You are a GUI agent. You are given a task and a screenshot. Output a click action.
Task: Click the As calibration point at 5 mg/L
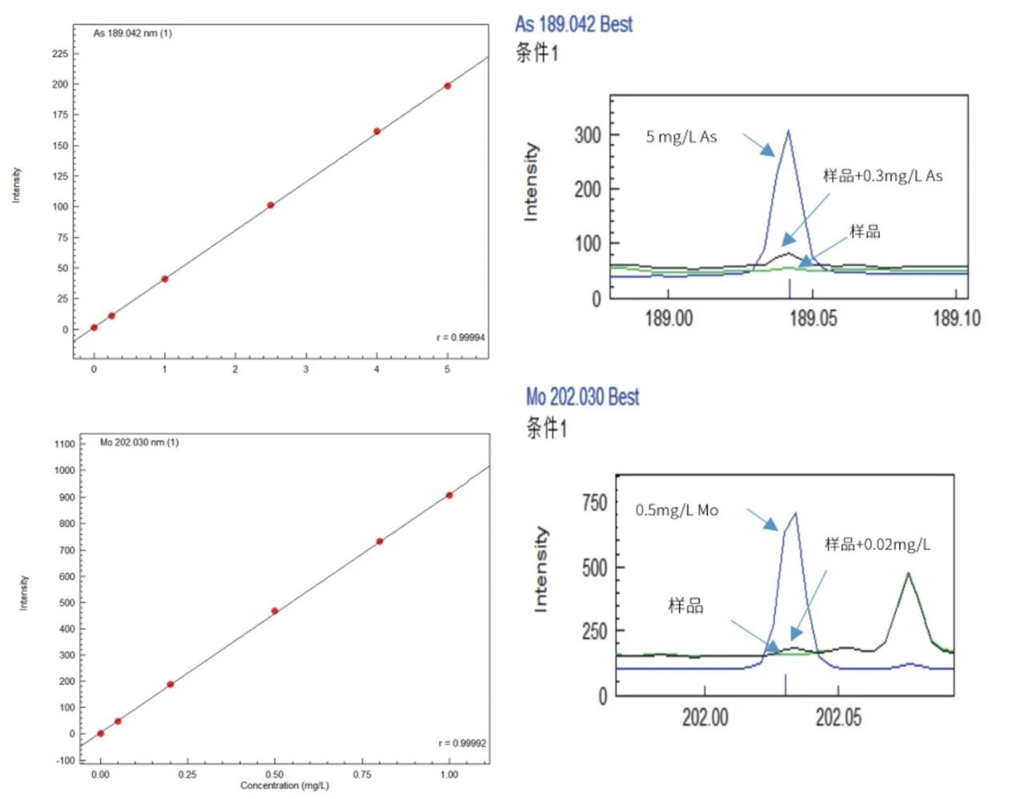448,86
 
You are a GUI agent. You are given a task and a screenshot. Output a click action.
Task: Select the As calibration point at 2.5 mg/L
271,205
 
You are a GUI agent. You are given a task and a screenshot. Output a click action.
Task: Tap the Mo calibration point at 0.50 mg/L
275,611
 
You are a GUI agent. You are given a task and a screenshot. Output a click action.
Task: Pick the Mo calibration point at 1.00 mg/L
449,496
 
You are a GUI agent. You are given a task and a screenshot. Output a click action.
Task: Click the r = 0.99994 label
460,337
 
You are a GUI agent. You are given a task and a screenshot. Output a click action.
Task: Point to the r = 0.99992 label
462,744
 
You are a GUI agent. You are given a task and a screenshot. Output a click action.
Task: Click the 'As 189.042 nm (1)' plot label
132,34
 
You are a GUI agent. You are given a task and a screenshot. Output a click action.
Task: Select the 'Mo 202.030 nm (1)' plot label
139,443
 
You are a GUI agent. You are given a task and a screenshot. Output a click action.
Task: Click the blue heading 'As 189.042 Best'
573,25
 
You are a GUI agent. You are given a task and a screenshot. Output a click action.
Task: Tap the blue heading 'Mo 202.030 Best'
582,397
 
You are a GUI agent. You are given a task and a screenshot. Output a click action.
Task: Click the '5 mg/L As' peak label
681,137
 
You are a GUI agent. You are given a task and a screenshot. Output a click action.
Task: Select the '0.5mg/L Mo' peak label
677,511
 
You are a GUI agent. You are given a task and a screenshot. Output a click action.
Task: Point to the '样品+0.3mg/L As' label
882,176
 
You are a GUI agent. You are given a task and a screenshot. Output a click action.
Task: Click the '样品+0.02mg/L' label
878,545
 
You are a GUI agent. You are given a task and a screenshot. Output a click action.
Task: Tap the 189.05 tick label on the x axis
813,319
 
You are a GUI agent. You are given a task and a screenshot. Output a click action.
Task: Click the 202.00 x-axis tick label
705,717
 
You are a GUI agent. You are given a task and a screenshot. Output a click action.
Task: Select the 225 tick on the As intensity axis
60,54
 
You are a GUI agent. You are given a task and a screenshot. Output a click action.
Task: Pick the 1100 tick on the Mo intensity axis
65,444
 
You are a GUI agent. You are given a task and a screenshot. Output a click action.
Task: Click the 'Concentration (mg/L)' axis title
284,785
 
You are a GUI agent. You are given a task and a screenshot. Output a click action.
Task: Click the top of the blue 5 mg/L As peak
789,130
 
